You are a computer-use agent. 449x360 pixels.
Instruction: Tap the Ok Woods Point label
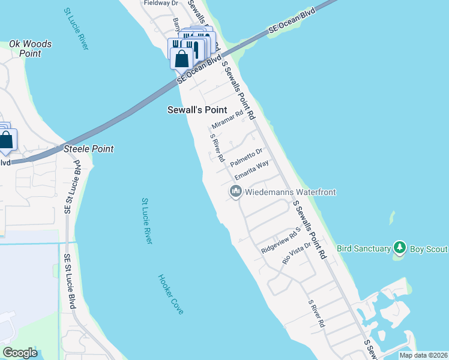[x=30, y=49]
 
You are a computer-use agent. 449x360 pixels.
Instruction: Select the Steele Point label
[x=89, y=149]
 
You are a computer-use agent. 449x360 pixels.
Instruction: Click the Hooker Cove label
[x=170, y=294]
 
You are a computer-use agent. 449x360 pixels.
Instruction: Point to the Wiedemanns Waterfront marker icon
[x=235, y=192]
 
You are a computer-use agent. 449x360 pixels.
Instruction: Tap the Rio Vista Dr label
[x=297, y=253]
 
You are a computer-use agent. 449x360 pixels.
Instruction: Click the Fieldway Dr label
[x=161, y=3]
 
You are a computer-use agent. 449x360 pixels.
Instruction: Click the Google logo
[x=20, y=353]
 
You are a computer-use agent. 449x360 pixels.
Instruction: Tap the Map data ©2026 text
[x=423, y=355]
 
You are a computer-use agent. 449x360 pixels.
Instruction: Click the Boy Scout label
[x=429, y=248]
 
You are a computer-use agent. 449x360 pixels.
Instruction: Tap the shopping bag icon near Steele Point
[x=6, y=140]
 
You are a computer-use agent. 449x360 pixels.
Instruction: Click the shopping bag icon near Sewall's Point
[x=181, y=59]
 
